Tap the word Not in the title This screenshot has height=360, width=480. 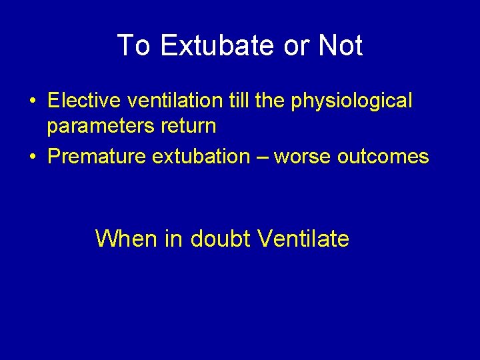coord(340,46)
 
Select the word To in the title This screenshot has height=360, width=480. coord(133,46)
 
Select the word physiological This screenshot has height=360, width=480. coord(358,102)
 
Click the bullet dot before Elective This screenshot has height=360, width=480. coord(33,101)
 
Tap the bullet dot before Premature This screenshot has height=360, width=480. coord(33,157)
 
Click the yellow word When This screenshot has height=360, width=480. coord(127,238)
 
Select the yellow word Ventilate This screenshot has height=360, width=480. coord(303,238)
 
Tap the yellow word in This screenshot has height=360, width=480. coord(174,238)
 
